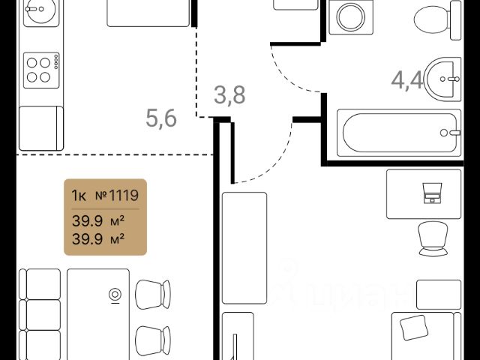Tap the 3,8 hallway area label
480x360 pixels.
pyautogui.click(x=229, y=96)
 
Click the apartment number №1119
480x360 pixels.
pyautogui.click(x=118, y=196)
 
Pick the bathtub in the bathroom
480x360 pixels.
pyautogui.click(x=400, y=134)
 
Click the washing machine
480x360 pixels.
pyautogui.click(x=349, y=16)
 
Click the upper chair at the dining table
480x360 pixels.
pyautogui.click(x=155, y=292)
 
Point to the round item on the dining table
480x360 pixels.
pyautogui.click(x=115, y=294)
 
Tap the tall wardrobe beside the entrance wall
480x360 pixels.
pyautogui.click(x=244, y=247)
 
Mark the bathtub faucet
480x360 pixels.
pyautogui.click(x=452, y=133)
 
